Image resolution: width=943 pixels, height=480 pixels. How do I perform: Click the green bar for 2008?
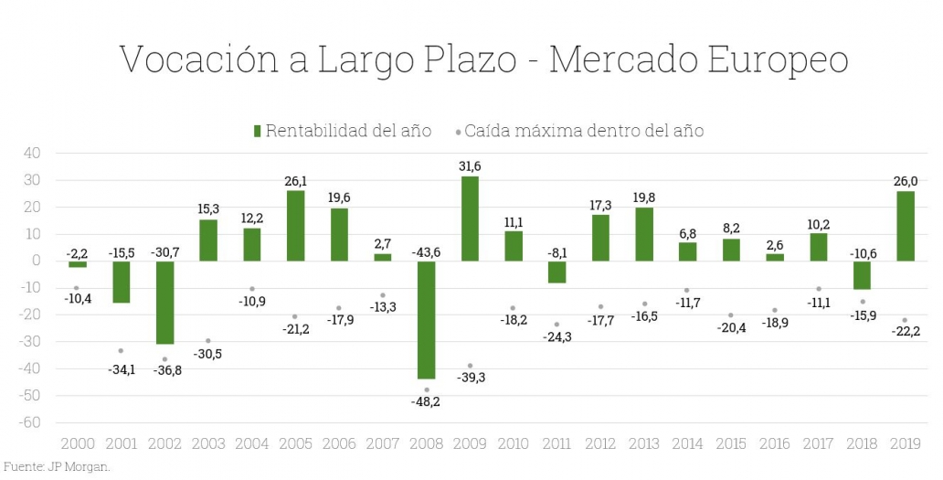pos(427,319)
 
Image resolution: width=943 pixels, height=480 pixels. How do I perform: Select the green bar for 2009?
pos(471,219)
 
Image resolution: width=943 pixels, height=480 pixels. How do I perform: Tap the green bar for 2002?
pos(164,302)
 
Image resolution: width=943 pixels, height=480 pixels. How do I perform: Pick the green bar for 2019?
pos(906,226)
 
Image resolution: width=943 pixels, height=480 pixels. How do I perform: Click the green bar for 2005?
pos(296,226)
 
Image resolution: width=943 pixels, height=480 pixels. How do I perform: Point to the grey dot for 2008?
pos(427,390)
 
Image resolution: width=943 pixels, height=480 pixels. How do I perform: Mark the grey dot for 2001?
pos(121,351)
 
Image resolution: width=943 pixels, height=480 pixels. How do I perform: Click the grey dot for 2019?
pos(906,320)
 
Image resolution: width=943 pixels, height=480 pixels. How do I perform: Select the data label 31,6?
pos(471,165)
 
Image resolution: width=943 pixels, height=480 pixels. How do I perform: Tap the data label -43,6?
pos(427,251)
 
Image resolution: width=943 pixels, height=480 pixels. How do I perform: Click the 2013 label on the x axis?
pos(645,444)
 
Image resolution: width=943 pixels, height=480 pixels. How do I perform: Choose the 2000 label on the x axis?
pos(77,444)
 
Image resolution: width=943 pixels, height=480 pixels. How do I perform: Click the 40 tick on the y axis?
pos(32,153)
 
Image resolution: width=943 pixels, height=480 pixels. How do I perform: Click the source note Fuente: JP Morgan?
pos(57,466)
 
